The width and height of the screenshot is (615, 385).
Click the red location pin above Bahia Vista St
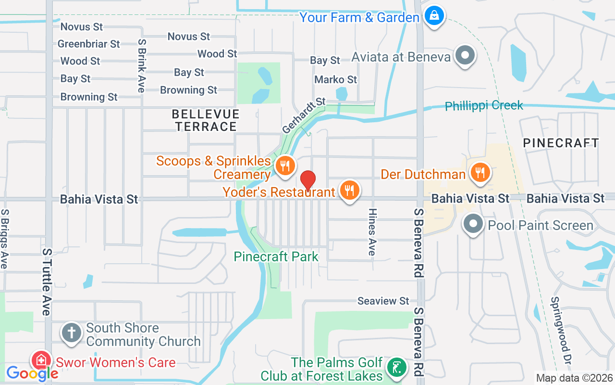(x=307, y=180)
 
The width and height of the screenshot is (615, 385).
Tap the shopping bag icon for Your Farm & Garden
(x=434, y=16)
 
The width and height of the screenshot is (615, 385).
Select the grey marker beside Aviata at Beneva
(x=465, y=55)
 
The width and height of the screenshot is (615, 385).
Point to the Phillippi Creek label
(x=483, y=106)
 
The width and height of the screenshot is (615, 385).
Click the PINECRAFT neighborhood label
(x=561, y=143)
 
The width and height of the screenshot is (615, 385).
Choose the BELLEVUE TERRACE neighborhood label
(x=206, y=120)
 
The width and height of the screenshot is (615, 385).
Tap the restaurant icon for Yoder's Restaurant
(x=350, y=191)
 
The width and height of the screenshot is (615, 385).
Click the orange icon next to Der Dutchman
(x=480, y=172)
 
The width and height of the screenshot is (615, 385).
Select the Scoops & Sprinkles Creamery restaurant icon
(x=285, y=166)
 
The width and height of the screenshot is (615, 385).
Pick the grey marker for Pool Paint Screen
(x=473, y=224)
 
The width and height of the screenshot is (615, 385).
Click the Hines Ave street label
(x=372, y=231)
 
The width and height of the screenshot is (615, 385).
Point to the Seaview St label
(x=383, y=301)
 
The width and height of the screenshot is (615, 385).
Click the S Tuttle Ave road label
(x=47, y=282)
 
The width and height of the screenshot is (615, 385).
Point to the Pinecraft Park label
(x=276, y=257)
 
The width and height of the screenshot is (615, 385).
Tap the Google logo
(x=32, y=373)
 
